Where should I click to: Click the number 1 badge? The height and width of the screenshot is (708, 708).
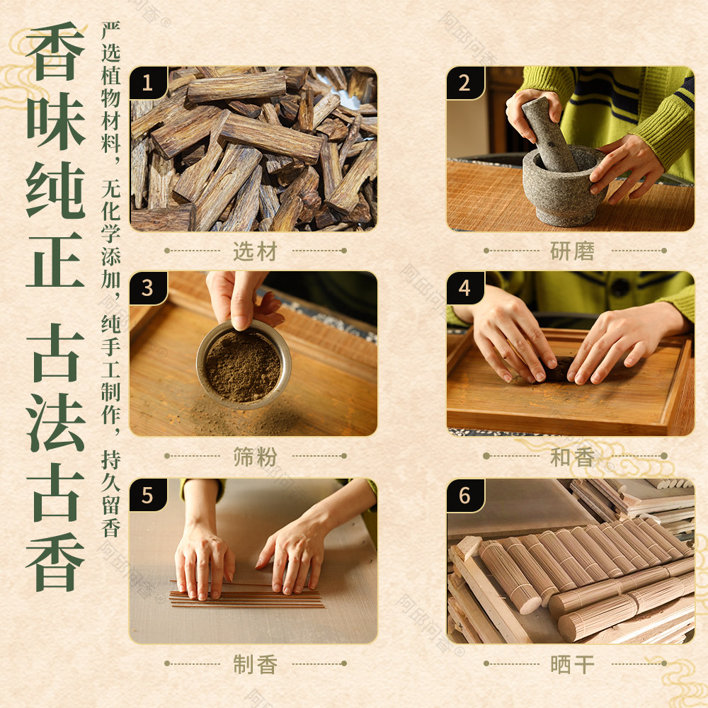point(148,83)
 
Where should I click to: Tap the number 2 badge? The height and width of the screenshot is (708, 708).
point(465,83)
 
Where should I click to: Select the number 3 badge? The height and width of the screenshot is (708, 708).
point(148,288)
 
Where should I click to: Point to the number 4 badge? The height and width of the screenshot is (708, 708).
point(465,288)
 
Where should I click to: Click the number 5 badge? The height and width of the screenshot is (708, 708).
point(148,496)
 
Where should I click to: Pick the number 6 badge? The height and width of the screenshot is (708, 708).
point(465,496)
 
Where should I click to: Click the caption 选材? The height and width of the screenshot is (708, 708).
point(255,251)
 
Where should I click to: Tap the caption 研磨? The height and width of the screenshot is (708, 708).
point(573,251)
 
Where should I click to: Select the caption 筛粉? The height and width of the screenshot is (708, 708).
point(255,457)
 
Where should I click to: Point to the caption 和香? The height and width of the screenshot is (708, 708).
point(573,457)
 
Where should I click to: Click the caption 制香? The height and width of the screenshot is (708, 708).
point(255,664)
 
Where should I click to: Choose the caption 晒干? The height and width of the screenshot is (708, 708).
point(573,664)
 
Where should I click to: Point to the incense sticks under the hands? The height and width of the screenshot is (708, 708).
point(246,595)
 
